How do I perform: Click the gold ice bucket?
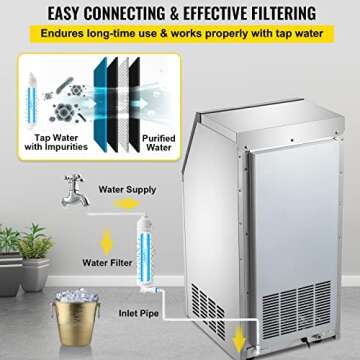(x=55, y=325)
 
